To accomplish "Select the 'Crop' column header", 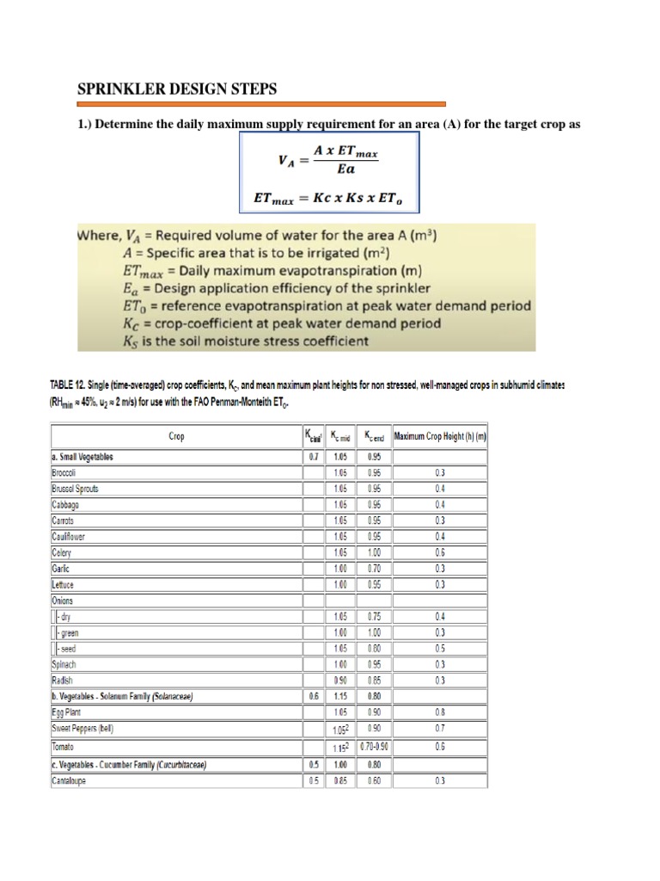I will (x=175, y=436).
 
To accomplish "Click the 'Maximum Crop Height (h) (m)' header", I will (x=440, y=436).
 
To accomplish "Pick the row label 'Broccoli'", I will (x=65, y=472).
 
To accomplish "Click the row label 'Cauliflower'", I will (x=69, y=536).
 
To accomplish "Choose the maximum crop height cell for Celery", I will (x=440, y=552).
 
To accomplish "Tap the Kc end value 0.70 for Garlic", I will (x=374, y=569).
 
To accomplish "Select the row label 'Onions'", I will (x=63, y=601).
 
